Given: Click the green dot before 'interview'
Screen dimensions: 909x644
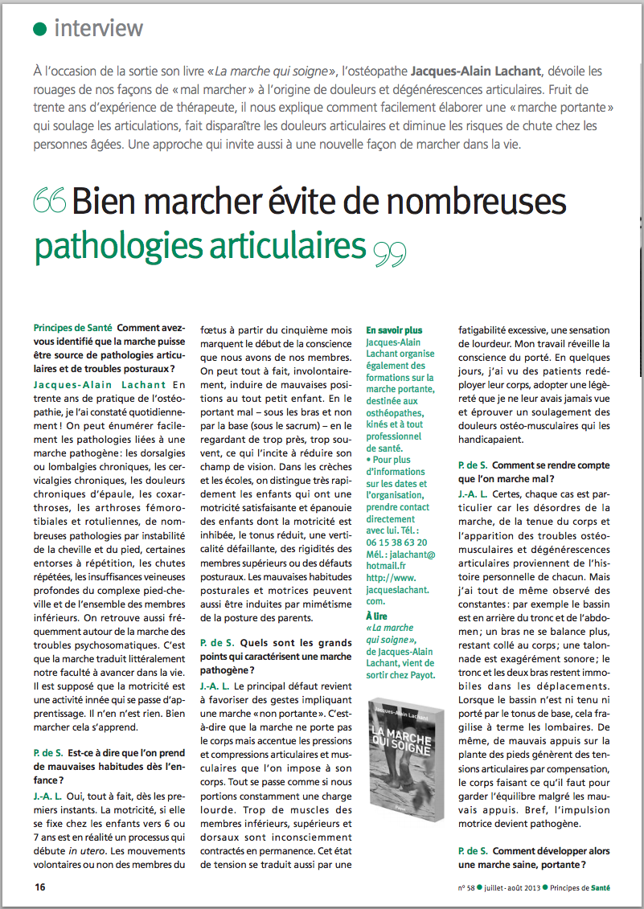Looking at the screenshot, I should (x=39, y=29).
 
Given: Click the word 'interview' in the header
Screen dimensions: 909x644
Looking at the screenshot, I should (x=98, y=29).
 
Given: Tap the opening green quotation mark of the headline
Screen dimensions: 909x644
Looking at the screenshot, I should (x=51, y=202).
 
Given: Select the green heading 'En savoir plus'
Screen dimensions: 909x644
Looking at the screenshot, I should (x=394, y=330).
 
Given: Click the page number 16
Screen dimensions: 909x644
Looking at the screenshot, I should (x=39, y=887).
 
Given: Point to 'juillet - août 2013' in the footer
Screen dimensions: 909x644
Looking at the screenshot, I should (x=509, y=887).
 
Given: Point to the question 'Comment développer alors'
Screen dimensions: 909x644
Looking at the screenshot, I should (x=550, y=851).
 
